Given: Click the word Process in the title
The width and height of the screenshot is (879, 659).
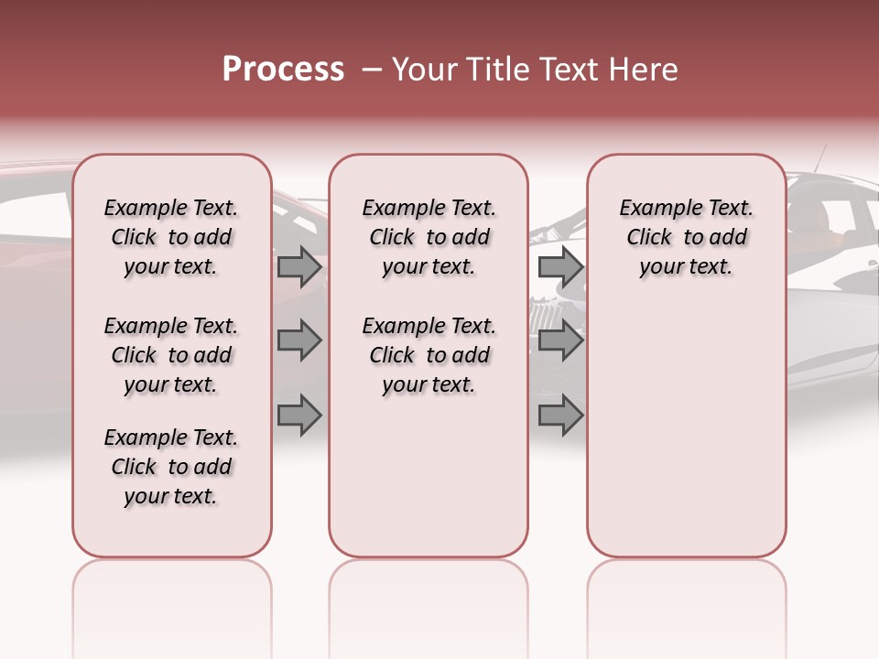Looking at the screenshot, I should click(283, 70).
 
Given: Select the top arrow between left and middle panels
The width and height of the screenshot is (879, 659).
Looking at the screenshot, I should click(299, 266).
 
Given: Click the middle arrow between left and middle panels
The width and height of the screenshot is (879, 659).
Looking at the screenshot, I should click(299, 340).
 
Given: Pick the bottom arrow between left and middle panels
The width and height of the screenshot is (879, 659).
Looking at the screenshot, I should click(299, 415).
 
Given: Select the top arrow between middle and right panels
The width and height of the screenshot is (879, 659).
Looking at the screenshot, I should click(560, 266).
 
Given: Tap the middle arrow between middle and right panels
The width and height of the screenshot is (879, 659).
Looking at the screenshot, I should click(560, 340).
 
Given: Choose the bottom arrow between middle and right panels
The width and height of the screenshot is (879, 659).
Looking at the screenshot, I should click(560, 415).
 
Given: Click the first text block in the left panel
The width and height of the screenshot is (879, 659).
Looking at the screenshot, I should click(171, 237).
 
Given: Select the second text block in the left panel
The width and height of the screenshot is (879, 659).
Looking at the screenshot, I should click(171, 355).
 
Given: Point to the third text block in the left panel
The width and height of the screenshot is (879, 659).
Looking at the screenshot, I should click(171, 467).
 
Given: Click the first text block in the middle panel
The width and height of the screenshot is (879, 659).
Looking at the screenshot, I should click(429, 237).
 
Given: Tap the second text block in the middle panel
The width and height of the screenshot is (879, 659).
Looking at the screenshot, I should click(429, 355).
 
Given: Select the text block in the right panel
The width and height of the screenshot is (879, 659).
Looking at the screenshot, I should click(686, 237).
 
